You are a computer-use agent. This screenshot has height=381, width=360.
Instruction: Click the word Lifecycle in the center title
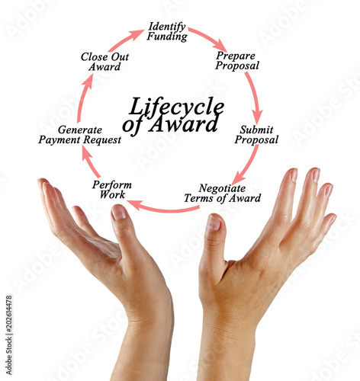(x=176, y=107)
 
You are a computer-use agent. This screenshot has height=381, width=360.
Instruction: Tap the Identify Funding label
(x=167, y=31)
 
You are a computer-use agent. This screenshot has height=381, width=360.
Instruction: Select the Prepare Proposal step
(x=237, y=61)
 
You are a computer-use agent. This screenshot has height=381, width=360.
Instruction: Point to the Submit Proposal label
(x=256, y=135)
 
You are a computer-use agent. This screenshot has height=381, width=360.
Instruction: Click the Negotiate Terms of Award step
(x=223, y=194)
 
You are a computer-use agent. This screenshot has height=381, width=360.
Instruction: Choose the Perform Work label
(x=112, y=190)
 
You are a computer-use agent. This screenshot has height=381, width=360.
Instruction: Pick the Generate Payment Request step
(x=79, y=135)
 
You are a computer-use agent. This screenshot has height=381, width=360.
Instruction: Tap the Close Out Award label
(x=104, y=62)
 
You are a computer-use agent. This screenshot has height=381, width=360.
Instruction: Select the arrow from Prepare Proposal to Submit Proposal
(x=255, y=98)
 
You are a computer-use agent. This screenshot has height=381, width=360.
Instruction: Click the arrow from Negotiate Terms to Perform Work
(x=163, y=209)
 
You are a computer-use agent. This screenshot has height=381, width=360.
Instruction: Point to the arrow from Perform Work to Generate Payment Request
(x=90, y=162)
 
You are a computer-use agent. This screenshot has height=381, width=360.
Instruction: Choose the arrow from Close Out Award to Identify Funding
(x=125, y=40)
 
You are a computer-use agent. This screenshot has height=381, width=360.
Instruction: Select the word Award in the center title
(x=184, y=124)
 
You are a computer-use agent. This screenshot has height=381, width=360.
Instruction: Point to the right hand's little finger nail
(x=333, y=219)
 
